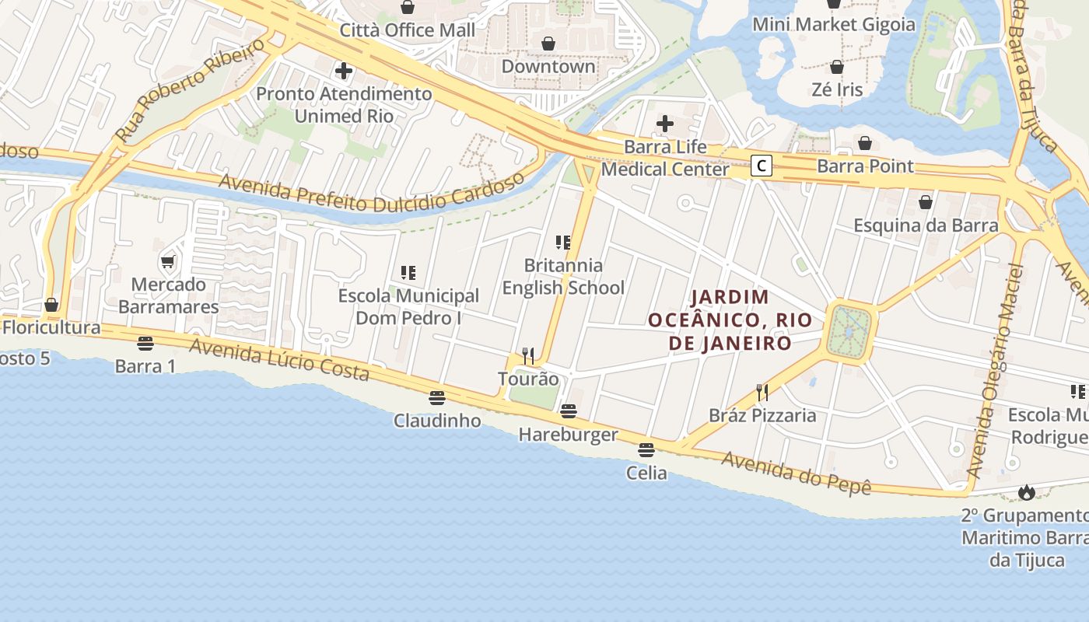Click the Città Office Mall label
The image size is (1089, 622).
pyautogui.click(x=408, y=30)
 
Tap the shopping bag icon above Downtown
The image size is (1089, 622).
pyautogui.click(x=548, y=44)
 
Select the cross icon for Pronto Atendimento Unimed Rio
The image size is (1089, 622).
pyautogui.click(x=344, y=72)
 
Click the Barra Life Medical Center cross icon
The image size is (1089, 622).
pyautogui.click(x=665, y=124)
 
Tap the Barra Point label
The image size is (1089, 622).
pyautogui.click(x=865, y=166)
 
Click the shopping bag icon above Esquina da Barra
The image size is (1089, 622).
pyautogui.click(x=926, y=203)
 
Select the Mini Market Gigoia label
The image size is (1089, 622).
pyautogui.click(x=834, y=24)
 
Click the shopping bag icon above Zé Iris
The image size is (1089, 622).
pyautogui.click(x=837, y=68)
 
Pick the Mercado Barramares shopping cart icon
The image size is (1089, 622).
pyautogui.click(x=168, y=261)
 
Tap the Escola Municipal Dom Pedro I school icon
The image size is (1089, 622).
pyautogui.click(x=408, y=273)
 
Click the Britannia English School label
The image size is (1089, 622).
pyautogui.click(x=563, y=277)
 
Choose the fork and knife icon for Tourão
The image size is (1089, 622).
pyautogui.click(x=528, y=356)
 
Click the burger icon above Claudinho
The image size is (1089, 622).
pyautogui.click(x=437, y=398)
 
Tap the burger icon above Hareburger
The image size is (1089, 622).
pyautogui.click(x=569, y=411)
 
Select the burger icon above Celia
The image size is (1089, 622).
pyautogui.click(x=646, y=449)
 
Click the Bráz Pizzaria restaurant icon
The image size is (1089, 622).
pyautogui.click(x=762, y=393)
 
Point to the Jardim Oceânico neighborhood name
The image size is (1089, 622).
pyautogui.click(x=730, y=320)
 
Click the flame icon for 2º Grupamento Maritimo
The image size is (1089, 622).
pyautogui.click(x=1027, y=492)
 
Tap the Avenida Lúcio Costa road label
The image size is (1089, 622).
pyautogui.click(x=279, y=359)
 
